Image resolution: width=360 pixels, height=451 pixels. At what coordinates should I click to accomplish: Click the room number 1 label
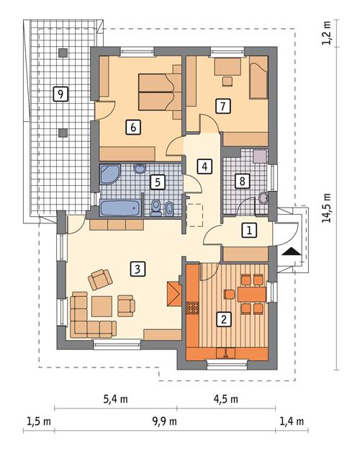click(x=248, y=231)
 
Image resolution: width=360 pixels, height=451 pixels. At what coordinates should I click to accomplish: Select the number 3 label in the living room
click(x=137, y=269)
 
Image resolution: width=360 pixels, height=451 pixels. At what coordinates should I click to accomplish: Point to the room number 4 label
click(x=205, y=166)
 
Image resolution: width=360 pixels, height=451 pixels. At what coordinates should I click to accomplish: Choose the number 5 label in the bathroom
click(x=158, y=182)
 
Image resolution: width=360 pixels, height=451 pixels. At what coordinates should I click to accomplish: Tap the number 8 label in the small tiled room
click(x=244, y=181)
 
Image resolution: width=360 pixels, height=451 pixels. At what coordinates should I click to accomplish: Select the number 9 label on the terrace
click(x=61, y=94)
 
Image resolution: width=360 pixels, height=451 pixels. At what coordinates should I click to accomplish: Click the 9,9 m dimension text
click(x=165, y=421)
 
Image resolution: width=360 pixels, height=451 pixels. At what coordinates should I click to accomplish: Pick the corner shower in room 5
click(x=111, y=174)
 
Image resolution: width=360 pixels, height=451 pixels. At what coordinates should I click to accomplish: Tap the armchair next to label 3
click(x=100, y=278)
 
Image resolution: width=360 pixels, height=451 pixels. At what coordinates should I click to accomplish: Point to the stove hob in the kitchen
click(x=193, y=308)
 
